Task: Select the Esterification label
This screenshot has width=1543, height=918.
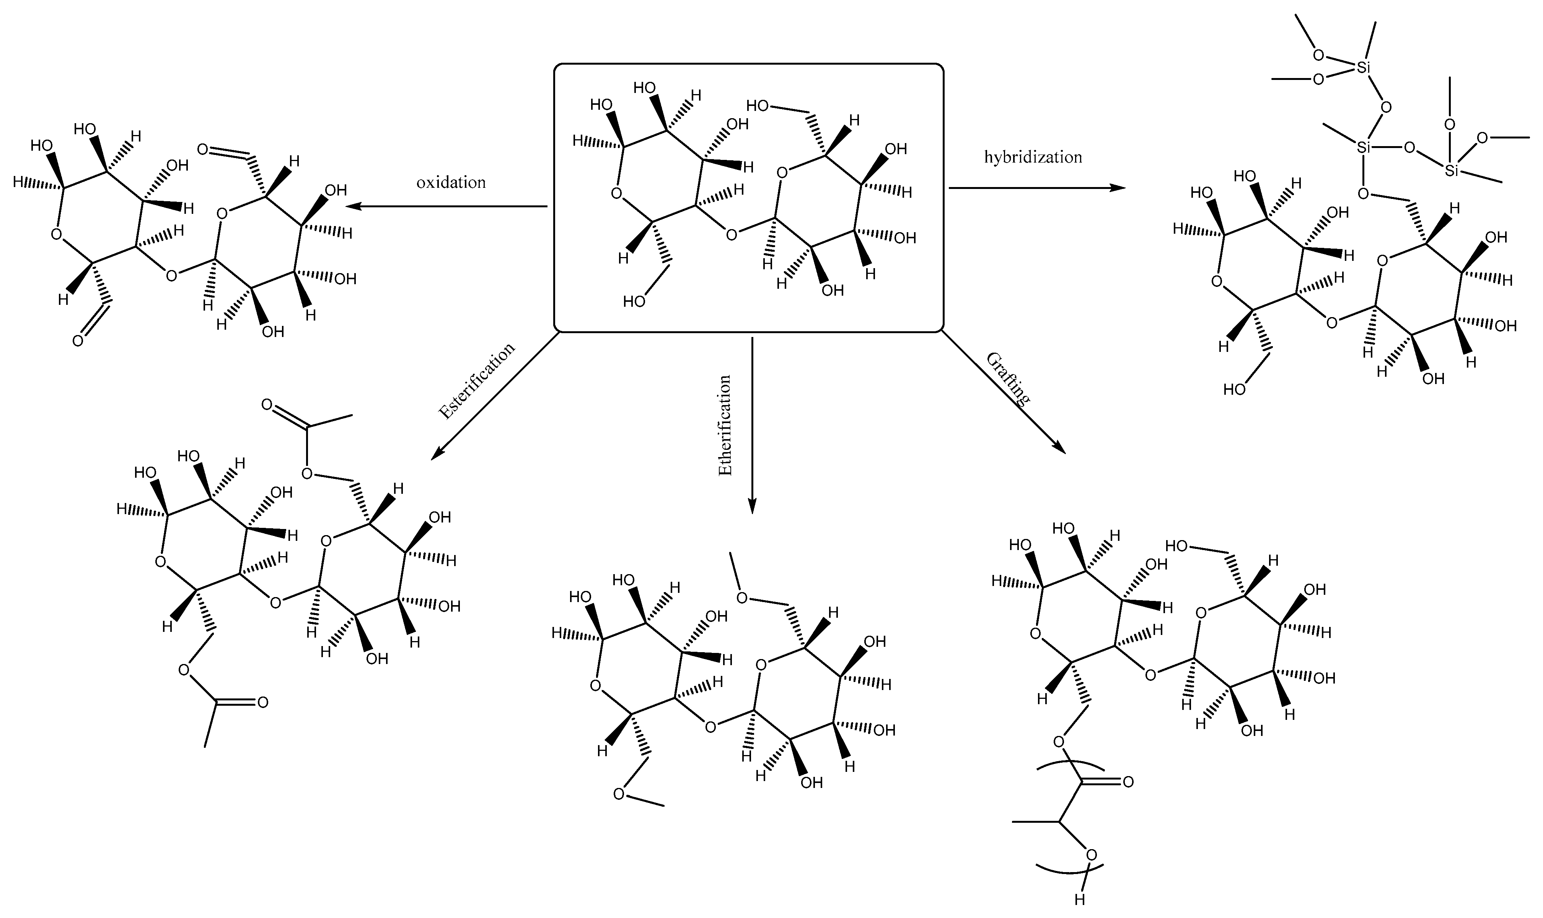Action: pyautogui.click(x=476, y=381)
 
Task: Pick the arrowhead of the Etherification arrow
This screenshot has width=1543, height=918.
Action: pyautogui.click(x=752, y=506)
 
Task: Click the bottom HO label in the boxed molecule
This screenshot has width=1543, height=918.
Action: pyautogui.click(x=634, y=301)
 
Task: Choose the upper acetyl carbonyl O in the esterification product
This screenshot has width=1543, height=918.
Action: pyautogui.click(x=267, y=405)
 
